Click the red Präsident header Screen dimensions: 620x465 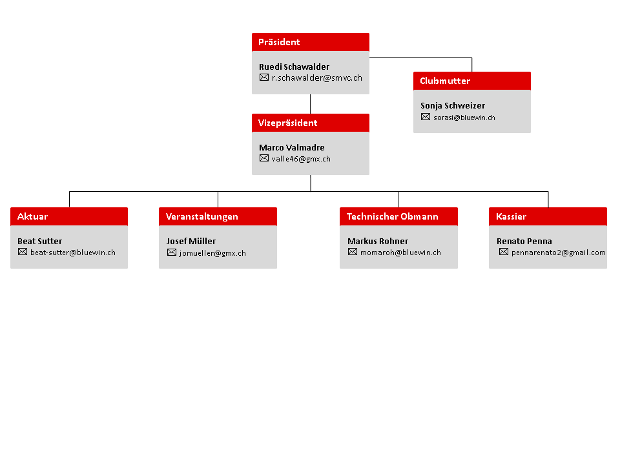pos(311,42)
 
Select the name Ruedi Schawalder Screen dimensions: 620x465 pos(294,67)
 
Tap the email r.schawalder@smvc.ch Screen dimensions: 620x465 pos(316,78)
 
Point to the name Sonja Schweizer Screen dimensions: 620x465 pos(453,105)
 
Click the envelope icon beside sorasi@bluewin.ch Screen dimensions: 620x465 pos(426,117)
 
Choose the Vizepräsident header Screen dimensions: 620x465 pos(311,123)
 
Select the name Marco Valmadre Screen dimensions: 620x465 pos(292,147)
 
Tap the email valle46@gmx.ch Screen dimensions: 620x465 pos(301,159)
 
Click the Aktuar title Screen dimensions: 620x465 pos(32,216)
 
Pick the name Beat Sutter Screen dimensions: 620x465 pos(39,241)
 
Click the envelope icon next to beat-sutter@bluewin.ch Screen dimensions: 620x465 pos(23,252)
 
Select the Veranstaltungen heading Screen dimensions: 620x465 pos(201,216)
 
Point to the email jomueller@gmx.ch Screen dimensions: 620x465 pos(212,253)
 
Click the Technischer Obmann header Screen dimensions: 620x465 pos(392,216)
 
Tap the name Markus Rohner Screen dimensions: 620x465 pos(378,241)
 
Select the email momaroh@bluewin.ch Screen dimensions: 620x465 pos(400,253)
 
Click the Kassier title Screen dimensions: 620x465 pos(511,216)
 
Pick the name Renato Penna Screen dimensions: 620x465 pos(524,241)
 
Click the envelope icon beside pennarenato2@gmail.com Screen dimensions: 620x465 pos(504,252)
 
